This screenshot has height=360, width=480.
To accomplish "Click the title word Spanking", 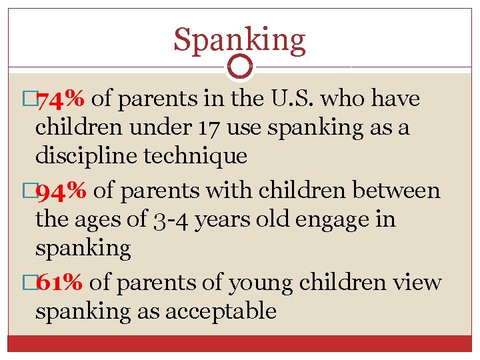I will point(239,40).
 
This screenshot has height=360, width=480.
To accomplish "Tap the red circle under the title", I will point(240,67).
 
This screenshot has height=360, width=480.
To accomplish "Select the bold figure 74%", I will point(60,99).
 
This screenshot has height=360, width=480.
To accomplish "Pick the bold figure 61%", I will point(59,282).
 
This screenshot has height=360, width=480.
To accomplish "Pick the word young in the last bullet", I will point(261,282).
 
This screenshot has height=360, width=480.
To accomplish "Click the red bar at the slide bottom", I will point(240,343).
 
